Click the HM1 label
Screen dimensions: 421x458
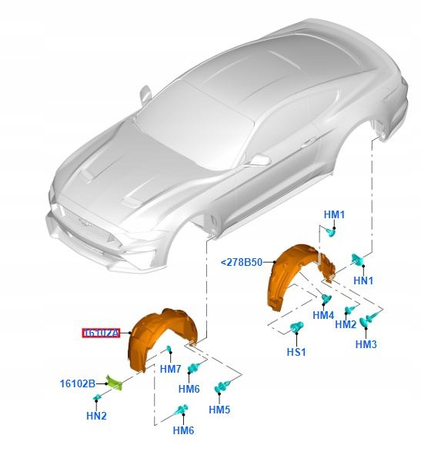334,214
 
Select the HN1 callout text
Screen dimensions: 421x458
363,280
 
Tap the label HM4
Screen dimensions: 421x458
323,315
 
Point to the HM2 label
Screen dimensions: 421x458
346,324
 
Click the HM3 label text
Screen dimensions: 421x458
366,344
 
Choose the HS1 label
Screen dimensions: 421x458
296,352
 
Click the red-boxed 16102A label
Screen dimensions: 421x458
101,333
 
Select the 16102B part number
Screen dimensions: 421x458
78,383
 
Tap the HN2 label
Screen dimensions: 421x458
96,416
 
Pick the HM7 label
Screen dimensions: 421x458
171,369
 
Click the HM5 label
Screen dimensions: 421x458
219,410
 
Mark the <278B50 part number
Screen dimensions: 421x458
242,262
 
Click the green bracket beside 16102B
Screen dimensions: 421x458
115,383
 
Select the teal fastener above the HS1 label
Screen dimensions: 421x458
296,327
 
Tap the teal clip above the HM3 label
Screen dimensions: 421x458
369,320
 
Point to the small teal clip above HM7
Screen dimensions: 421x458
169,349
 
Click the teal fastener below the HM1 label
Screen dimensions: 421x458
331,232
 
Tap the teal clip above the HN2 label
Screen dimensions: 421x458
97,397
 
